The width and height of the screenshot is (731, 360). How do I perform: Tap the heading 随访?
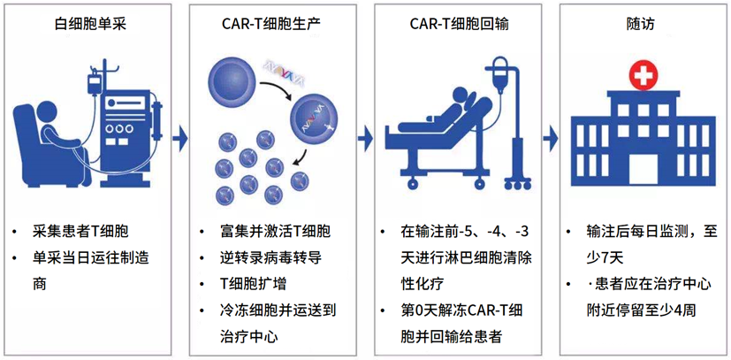pyautogui.click(x=636, y=24)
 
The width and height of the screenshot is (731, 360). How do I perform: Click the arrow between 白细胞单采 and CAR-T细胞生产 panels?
pyautogui.click(x=181, y=138)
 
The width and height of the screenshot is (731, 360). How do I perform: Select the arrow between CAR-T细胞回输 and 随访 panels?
pyautogui.click(x=551, y=138)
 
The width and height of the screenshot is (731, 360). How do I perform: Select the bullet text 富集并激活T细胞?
pyautogui.click(x=275, y=233)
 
